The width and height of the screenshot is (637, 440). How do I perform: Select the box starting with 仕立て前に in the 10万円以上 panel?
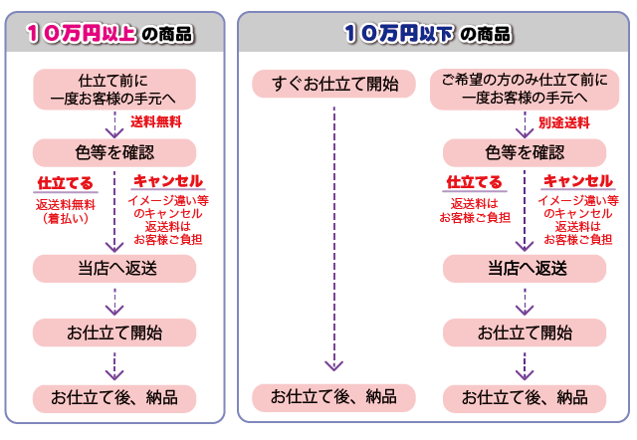click(114, 89)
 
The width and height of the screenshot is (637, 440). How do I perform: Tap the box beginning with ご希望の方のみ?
click(525, 89)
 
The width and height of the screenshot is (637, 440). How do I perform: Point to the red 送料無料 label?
click(155, 121)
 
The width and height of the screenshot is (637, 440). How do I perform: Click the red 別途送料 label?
click(564, 121)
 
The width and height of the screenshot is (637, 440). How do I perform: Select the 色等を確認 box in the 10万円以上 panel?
click(114, 151)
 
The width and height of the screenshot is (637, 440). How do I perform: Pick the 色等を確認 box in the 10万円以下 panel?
click(525, 151)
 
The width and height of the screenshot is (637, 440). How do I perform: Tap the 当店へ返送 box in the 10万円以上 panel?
click(114, 268)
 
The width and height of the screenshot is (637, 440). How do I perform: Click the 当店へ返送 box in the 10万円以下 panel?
click(525, 268)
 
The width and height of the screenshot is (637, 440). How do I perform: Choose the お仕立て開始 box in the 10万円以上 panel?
click(114, 332)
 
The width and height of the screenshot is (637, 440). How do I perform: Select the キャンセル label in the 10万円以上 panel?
click(167, 181)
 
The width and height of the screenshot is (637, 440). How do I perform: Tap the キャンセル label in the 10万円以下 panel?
click(577, 181)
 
